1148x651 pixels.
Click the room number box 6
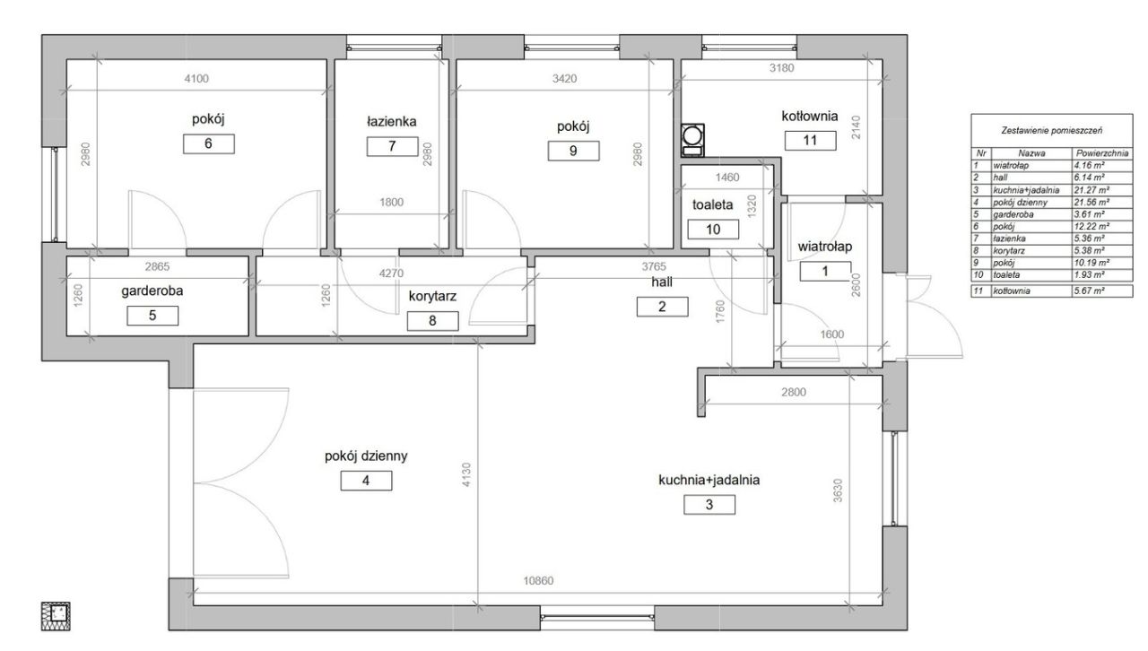click(x=209, y=143)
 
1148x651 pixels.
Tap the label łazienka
click(x=392, y=121)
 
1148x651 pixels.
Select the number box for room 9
click(x=573, y=151)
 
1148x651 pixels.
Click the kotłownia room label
click(x=810, y=116)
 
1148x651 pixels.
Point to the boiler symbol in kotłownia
click(x=692, y=140)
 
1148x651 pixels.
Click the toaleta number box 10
click(x=713, y=230)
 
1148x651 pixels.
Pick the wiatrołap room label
click(x=824, y=247)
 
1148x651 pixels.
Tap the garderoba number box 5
click(x=152, y=316)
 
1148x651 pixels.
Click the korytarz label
click(x=432, y=296)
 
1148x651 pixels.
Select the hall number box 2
click(x=662, y=307)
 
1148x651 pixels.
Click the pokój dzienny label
click(x=366, y=456)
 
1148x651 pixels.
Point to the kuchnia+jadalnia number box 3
click(x=709, y=505)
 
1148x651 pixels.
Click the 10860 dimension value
click(x=538, y=581)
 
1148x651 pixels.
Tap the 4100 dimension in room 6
click(x=196, y=78)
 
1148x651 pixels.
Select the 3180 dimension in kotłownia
click(x=781, y=67)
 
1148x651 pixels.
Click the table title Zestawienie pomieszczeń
click(x=1052, y=131)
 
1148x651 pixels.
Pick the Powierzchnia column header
click(x=1102, y=153)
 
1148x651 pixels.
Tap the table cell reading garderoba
click(x=1013, y=215)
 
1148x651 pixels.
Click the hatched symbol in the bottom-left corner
click(x=56, y=616)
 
